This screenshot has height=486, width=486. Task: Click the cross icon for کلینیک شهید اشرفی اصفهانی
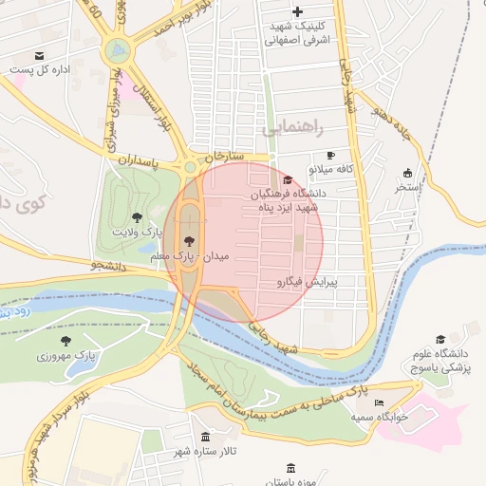click(298, 12)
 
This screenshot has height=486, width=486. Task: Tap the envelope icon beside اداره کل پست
click(38, 56)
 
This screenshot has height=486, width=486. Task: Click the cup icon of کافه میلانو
click(330, 155)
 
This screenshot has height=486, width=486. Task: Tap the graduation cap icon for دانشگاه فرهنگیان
click(288, 179)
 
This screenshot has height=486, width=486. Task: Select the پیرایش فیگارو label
click(307, 282)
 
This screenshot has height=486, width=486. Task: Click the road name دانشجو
click(108, 265)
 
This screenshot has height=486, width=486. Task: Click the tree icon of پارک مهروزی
click(65, 341)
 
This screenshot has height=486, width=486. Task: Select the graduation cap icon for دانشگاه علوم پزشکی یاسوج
click(439, 339)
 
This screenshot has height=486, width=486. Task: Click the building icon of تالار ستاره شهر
click(206, 436)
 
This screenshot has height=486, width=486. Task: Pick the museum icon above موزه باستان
click(290, 468)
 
